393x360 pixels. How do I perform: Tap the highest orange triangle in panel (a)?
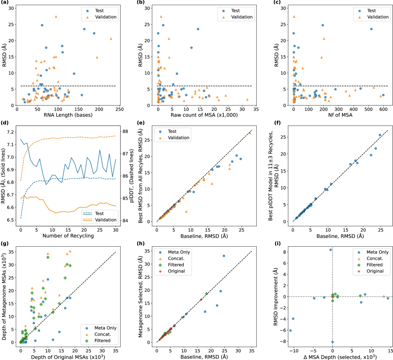[56, 16]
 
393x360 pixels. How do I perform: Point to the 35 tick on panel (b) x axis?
[256, 109]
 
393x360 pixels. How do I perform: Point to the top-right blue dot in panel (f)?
[380, 135]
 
